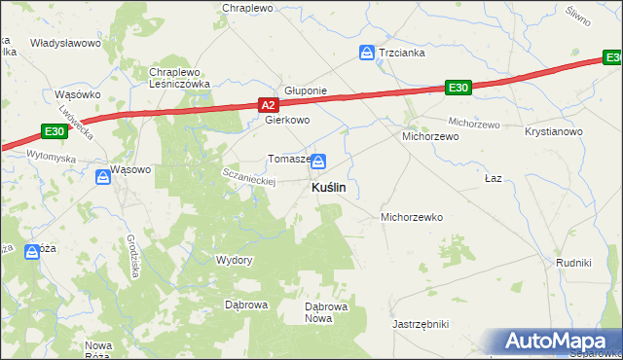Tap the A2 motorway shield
pos(270,103)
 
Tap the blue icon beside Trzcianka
pos(367,53)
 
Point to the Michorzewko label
pos(412,217)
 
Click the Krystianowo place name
pos(553,131)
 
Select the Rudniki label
pos(573,263)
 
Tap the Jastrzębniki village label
pos(420,323)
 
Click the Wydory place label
pos(234,260)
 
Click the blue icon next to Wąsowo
pos(103,177)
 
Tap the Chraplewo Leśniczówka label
pos(180,78)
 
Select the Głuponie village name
pos(305,90)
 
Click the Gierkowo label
pos(287,121)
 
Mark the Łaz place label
pos(494,180)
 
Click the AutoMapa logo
pos(557,342)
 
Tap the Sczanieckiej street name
pos(251,175)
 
